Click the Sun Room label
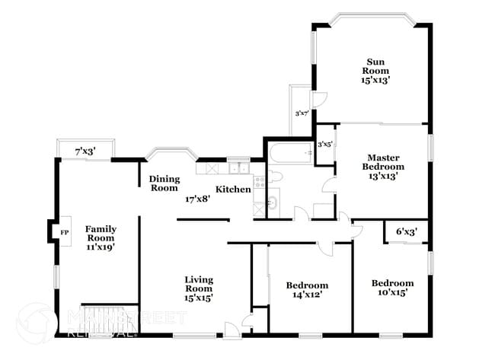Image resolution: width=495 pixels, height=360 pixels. (x=375, y=69)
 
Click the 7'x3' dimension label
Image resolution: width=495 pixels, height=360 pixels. (x=85, y=152)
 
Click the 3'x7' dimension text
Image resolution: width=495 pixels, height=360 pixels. (x=302, y=113)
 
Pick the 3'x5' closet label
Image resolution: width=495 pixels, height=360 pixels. (x=324, y=143)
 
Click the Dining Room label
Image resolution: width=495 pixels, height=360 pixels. (x=164, y=183)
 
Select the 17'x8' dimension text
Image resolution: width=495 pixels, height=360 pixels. (x=196, y=199)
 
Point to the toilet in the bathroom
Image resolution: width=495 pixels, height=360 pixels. (x=276, y=177)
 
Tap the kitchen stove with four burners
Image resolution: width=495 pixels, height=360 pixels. (x=259, y=181)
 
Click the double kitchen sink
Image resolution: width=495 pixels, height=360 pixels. (x=238, y=167)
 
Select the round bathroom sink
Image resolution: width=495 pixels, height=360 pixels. (x=273, y=204)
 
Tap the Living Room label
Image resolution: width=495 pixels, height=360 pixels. (x=198, y=288)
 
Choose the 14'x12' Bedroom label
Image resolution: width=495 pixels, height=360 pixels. (x=307, y=290)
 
